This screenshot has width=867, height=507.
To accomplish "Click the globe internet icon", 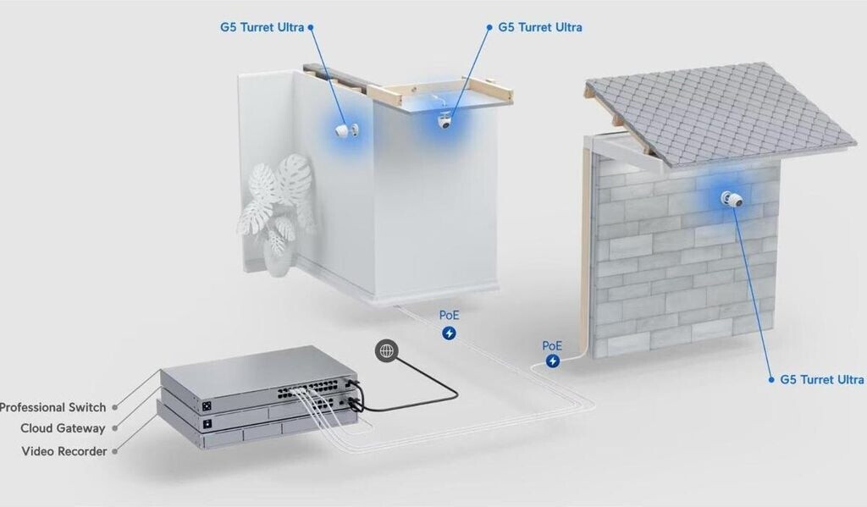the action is click(x=386, y=350).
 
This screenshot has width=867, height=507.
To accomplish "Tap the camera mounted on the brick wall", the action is click(x=732, y=199).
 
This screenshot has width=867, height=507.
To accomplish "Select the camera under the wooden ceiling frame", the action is click(x=445, y=120).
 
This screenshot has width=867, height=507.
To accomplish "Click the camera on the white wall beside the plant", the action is click(x=346, y=130).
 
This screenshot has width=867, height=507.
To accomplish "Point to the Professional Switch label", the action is click(x=52, y=407).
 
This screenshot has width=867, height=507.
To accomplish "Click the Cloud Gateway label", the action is click(x=63, y=428).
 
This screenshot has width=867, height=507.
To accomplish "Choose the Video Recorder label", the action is click(x=64, y=451).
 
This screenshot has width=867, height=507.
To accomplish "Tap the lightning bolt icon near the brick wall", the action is click(x=553, y=361).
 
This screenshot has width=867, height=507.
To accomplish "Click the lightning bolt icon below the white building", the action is click(x=449, y=333).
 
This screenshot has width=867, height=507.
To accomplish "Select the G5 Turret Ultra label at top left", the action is click(x=262, y=27).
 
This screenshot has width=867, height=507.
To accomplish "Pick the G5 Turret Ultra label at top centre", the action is click(x=540, y=27).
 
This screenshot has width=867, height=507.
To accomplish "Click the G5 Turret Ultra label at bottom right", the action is click(x=821, y=380).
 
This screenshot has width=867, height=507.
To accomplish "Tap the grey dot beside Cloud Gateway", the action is click(x=115, y=428).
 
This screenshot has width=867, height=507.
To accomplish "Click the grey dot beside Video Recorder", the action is click(x=115, y=451).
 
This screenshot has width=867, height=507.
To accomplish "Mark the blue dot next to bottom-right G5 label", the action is click(x=771, y=380).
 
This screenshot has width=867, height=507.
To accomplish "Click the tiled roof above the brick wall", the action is click(x=719, y=113).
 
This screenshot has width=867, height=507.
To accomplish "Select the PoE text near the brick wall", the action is click(x=552, y=345).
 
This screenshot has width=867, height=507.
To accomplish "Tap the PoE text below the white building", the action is click(x=449, y=315).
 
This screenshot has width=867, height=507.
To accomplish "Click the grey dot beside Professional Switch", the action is click(x=115, y=407).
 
